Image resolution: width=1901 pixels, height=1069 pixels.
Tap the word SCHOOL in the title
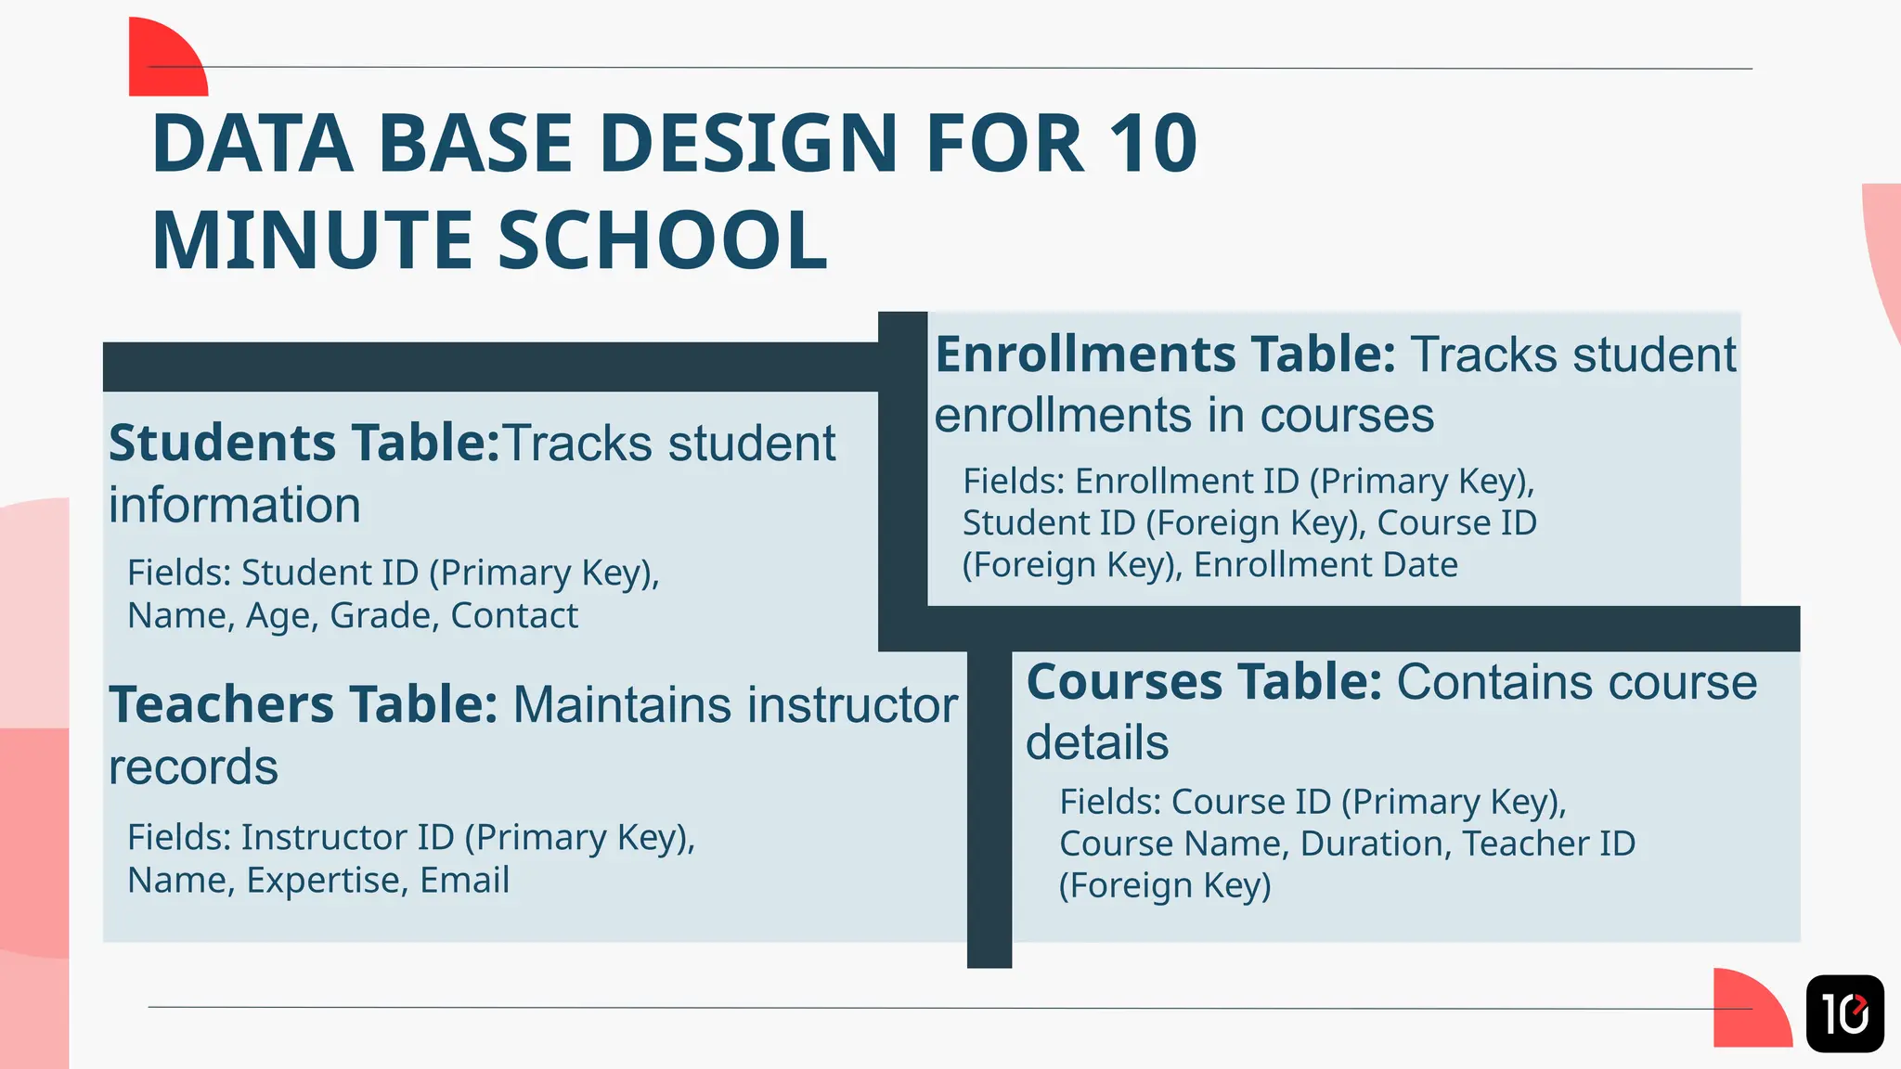(x=663, y=240)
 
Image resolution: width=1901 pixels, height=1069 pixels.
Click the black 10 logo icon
(x=1844, y=1013)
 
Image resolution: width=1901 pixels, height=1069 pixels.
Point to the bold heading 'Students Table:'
(x=304, y=444)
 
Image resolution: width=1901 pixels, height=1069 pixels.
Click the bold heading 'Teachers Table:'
(x=304, y=705)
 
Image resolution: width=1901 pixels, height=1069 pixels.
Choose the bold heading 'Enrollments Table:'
(x=1165, y=355)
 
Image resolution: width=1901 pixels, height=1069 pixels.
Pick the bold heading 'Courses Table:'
(x=1204, y=683)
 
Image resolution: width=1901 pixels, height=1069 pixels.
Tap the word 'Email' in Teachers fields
(x=465, y=881)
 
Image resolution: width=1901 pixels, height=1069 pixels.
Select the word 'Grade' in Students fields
(x=382, y=616)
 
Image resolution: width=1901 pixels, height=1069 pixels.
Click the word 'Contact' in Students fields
(x=514, y=616)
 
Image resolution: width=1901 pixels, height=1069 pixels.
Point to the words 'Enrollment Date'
(x=1326, y=565)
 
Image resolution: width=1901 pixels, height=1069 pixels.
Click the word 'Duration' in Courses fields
(x=1375, y=844)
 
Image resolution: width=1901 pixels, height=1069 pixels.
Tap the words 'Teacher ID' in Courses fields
(x=1548, y=844)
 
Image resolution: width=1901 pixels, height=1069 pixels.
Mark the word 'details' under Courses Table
(x=1097, y=743)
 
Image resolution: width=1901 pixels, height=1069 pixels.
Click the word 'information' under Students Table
(x=235, y=506)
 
